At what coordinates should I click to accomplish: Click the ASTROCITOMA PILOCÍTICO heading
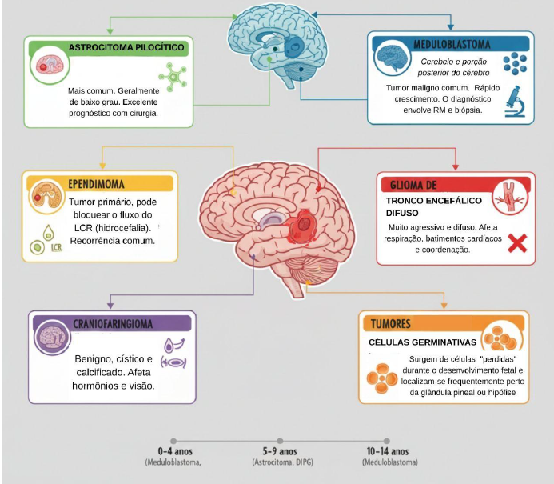[x=126, y=48]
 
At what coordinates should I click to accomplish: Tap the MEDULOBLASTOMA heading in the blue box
[x=451, y=44]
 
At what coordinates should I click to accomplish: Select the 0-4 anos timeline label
[x=175, y=451]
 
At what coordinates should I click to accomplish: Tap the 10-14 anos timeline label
[x=388, y=451]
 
